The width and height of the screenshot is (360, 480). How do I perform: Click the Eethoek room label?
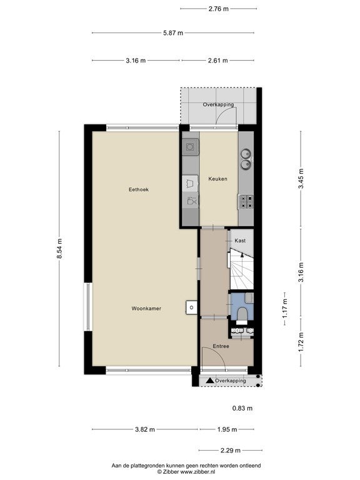coord(139,189)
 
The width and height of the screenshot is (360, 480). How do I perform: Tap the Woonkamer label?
coord(146,309)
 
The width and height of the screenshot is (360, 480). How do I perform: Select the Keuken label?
coord(218,179)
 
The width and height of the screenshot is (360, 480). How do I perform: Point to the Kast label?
coord(240,241)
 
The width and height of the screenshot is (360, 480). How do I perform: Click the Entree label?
coord(221,346)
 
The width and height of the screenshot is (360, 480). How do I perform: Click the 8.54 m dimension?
coord(59,249)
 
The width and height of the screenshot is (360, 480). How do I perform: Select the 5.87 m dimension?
coord(173,32)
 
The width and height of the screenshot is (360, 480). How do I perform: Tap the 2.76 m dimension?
coord(219,9)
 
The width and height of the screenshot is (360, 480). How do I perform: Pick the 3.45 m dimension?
coord(301,179)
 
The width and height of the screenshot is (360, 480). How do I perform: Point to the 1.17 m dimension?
coord(285,309)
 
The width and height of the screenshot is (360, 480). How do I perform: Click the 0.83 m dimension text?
coord(242,408)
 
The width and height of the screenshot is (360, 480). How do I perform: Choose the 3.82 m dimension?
coord(145,429)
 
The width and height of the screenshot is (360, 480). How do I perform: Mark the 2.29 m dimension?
coord(231,450)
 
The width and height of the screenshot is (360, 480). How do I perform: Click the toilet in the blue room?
coord(242,315)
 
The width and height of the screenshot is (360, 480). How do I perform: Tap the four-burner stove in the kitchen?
coord(246,202)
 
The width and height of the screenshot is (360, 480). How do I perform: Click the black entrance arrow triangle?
coord(209,381)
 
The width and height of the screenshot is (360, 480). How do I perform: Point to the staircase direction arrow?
coord(242,255)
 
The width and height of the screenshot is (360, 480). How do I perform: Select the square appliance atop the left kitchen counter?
coord(190,147)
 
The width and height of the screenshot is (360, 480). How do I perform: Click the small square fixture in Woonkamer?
coord(191,307)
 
